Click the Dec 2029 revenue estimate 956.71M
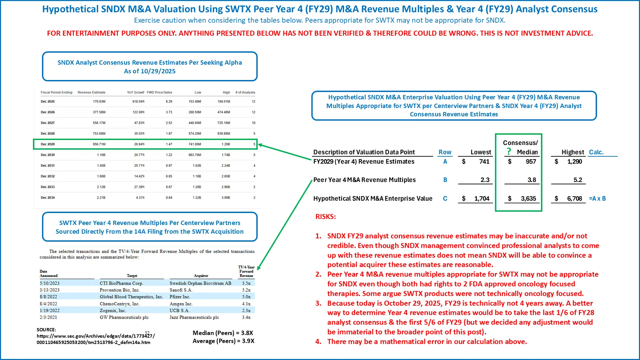tap(99, 144)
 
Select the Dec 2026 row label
tap(48, 112)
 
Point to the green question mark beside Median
tap(509, 151)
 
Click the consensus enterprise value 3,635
tap(528, 199)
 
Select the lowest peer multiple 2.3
tap(485, 180)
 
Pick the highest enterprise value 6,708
tap(574, 199)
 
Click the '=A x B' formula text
tap(597, 199)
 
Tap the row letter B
tap(445, 180)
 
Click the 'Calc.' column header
tap(596, 152)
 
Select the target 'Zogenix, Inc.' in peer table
tap(113, 311)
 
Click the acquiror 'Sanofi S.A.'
tap(181, 290)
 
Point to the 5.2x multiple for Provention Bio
tap(246, 290)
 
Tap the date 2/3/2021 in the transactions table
tap(48, 317)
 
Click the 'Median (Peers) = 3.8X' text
tap(223, 333)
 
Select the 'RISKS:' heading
tap(325, 217)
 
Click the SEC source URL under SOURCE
tap(96, 339)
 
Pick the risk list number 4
tap(318, 342)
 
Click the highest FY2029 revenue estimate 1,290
tap(574, 162)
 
